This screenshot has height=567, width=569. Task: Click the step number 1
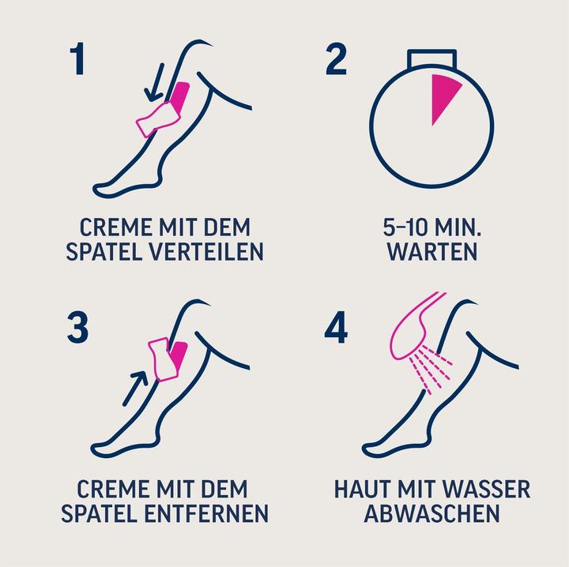click(77, 60)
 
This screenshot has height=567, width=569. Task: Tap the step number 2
click(336, 60)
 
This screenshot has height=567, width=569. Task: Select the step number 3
click(77, 327)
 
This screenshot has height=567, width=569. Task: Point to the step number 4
click(336, 327)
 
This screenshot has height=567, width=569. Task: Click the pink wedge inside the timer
click(443, 97)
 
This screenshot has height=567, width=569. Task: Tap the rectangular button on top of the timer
click(431, 61)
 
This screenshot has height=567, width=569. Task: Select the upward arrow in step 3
click(136, 385)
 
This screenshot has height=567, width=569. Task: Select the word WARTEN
click(431, 252)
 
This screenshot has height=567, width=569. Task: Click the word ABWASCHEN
click(431, 513)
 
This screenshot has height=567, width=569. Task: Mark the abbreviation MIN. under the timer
click(460, 227)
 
